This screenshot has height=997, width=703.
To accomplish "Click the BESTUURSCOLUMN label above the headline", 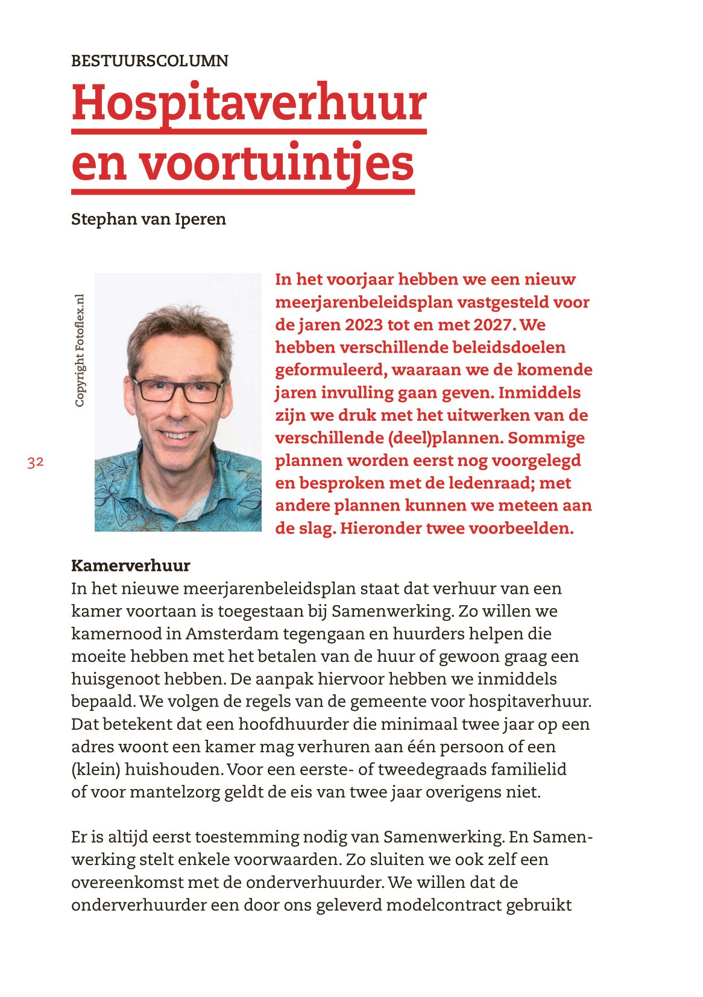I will (x=150, y=61).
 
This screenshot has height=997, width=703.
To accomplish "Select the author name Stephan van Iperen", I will (x=148, y=219).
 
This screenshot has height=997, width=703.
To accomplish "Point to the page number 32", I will (x=35, y=462).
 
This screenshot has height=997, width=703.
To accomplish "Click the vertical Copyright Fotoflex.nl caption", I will (x=80, y=350).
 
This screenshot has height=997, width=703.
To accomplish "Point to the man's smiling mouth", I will (x=177, y=435).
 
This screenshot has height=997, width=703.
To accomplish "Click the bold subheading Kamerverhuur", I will (x=130, y=565).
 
